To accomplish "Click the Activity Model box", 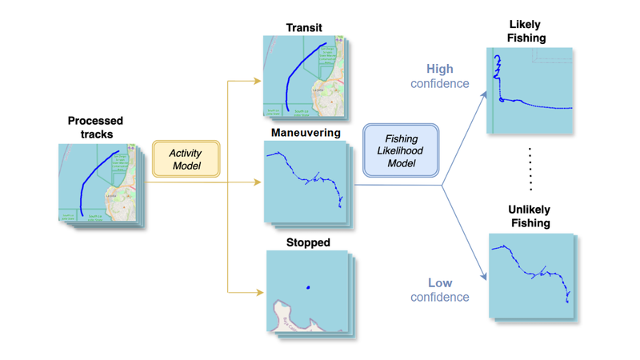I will pos(186,159).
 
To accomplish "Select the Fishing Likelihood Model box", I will pos(401,150).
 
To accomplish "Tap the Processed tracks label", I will pos(95,127).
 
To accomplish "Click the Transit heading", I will pos(304,28).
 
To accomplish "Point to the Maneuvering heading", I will pos(306,132).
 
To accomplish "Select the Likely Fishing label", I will pos(526,31).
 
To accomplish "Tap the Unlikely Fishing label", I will pos(529,216).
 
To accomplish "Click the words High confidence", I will pos(440,76).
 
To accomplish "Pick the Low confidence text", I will pos(440,290).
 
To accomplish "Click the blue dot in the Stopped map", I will pos(308,288).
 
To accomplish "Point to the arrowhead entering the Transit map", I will pos(258,81).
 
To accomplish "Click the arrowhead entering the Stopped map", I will pos(259,293).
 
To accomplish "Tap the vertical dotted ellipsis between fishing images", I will pos(530,169).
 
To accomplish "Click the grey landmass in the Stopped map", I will pos(292,315).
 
